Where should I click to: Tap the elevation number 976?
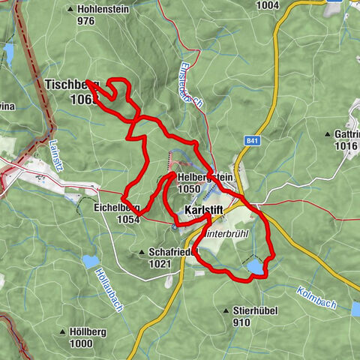pos(85,21)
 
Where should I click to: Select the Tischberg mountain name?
pos(71,85)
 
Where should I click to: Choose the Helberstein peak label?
pos(204,176)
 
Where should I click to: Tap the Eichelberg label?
pos(117,208)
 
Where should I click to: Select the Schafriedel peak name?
pos(172,253)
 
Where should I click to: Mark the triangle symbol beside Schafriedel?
pos(142,252)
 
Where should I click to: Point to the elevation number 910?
pos(242,322)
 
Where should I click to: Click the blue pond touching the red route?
pos(256,267)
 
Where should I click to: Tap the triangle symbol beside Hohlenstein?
pos(71,10)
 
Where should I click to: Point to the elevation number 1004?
pos(267,5)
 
